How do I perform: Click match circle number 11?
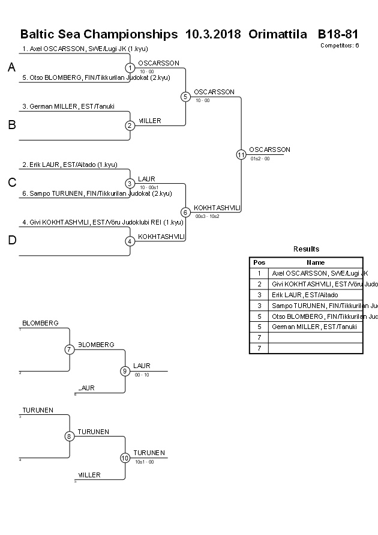pos(241,154)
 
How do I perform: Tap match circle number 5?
pos(185,96)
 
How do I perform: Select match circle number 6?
pos(185,212)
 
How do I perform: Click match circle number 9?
pos(125,371)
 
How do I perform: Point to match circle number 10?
pos(125,458)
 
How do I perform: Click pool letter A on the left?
pos(11,68)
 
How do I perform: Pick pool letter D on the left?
pos(11,241)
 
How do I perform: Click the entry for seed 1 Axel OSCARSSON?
pos(85,49)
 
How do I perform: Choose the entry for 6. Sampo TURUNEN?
pos(97,193)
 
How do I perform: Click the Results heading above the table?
pos(306,249)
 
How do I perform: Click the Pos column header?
pos(259,262)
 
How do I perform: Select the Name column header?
pos(316,262)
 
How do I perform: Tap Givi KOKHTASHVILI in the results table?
pos(316,284)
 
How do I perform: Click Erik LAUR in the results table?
pos(305,295)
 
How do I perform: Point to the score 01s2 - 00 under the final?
pos(260,159)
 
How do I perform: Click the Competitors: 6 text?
pos(340,45)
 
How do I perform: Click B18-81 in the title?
pos(338,34)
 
